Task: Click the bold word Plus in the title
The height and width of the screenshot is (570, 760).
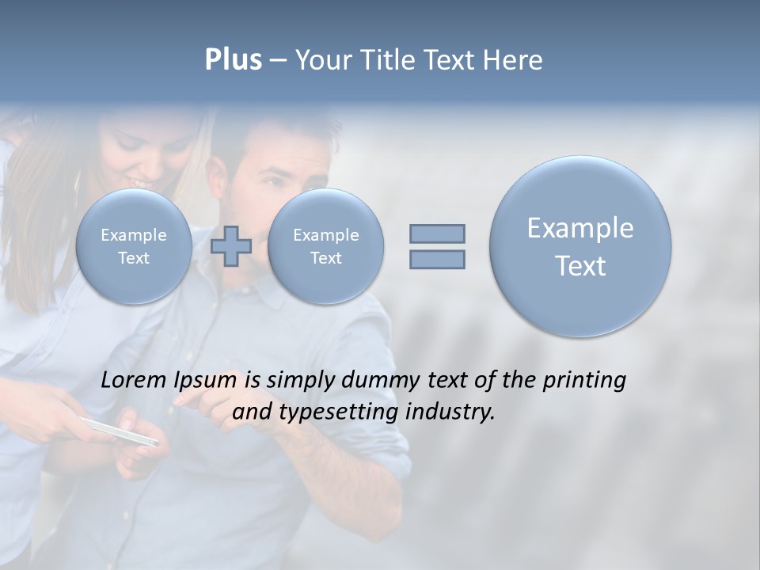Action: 233,60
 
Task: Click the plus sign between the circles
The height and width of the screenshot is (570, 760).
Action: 231,246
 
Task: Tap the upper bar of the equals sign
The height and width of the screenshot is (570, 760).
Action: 437,234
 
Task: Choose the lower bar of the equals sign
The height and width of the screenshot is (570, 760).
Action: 437,259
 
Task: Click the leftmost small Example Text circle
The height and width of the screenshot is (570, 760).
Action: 134,246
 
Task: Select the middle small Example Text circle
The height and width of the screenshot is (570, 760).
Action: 325,246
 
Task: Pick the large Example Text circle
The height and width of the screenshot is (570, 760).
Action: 580,246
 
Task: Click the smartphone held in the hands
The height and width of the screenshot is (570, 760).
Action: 119,431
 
